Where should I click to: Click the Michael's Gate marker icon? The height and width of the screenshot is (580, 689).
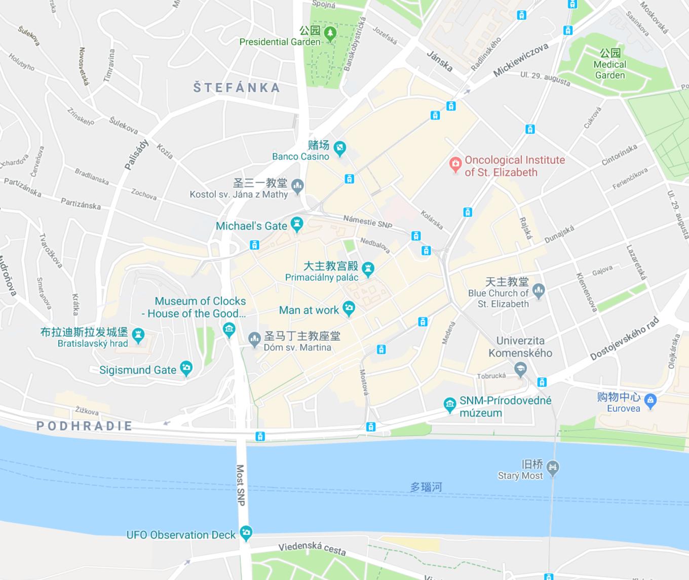(297, 224)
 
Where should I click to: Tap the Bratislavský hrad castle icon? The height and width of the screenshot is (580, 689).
(138, 335)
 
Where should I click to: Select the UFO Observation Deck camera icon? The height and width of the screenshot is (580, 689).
(246, 532)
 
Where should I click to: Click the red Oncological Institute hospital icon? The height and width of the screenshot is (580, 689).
(455, 164)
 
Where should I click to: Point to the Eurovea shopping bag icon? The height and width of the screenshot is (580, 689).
(652, 401)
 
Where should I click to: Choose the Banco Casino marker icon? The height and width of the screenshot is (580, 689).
(340, 148)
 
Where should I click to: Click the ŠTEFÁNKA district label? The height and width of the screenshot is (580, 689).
(237, 88)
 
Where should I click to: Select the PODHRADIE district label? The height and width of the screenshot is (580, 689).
(85, 426)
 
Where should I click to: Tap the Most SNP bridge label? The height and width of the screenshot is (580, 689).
(241, 485)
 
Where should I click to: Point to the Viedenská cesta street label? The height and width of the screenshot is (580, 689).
(312, 548)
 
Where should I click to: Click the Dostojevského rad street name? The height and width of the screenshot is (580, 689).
(625, 338)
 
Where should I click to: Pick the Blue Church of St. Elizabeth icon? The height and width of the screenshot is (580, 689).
(539, 291)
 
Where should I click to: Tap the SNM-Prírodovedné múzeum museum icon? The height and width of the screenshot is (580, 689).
(449, 405)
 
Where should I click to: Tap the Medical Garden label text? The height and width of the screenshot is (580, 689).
(609, 69)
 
